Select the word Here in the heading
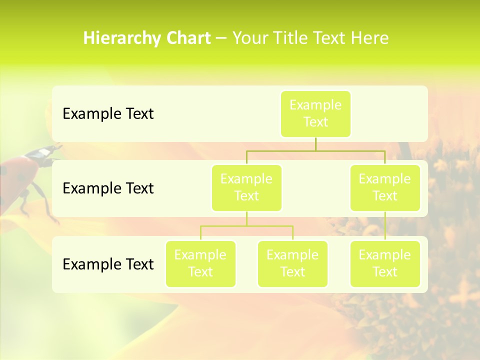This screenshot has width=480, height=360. point(369,38)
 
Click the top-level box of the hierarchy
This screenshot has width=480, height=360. point(315,113)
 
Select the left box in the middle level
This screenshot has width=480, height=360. point(246,187)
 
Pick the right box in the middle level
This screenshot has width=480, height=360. point(385,187)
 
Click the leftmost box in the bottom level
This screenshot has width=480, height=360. point(200,263)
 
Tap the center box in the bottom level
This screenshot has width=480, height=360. point(292,263)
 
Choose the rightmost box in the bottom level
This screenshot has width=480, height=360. point(385,263)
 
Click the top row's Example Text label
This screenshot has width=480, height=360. point(108,113)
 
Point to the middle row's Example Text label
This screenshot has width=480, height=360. point(108,188)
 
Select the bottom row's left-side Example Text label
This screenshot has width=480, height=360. point(108,264)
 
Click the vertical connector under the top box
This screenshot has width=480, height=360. point(315,144)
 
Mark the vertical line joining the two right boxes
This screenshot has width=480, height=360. point(385,226)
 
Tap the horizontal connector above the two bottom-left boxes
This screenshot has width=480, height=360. point(246,226)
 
